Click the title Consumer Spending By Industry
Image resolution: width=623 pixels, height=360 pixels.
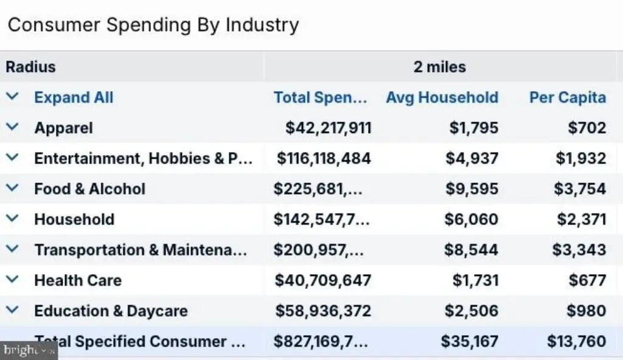(153, 25)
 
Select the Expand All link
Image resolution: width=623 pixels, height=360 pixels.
(74, 97)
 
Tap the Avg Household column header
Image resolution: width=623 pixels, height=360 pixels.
(442, 98)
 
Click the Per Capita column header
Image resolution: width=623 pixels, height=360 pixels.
(568, 98)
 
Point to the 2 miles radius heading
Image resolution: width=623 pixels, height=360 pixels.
(440, 67)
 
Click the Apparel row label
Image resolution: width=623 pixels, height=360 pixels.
(63, 128)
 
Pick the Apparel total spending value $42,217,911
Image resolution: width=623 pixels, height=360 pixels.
(329, 128)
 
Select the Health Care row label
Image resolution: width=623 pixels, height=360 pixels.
(78, 280)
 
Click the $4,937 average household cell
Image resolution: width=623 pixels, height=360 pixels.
(472, 159)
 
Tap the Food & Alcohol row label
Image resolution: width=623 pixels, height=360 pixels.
(90, 189)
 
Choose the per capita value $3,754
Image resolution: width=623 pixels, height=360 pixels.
(580, 189)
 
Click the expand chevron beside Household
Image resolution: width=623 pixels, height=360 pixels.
(12, 218)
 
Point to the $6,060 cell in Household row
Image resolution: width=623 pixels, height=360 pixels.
(472, 220)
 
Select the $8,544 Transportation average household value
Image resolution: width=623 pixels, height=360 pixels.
(472, 250)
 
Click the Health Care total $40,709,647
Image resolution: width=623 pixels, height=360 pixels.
(323, 280)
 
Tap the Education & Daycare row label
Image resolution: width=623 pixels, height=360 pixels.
(111, 311)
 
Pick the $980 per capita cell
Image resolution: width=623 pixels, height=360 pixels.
(586, 311)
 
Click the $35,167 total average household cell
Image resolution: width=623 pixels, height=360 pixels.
(470, 341)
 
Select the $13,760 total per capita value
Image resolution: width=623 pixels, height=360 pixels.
(577, 341)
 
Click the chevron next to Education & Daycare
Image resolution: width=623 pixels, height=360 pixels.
(12, 310)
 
